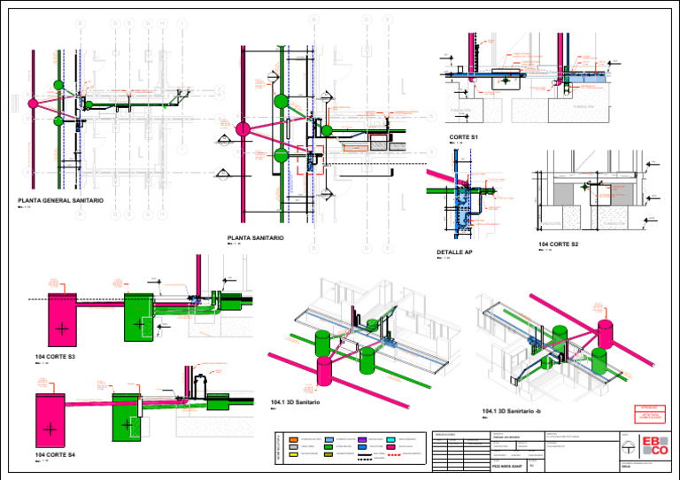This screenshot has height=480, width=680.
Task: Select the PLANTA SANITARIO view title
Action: click(255, 238)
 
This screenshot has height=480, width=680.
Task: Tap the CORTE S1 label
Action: click(463, 136)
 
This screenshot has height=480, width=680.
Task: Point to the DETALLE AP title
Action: click(454, 252)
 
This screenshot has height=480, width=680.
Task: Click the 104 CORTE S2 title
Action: click(558, 244)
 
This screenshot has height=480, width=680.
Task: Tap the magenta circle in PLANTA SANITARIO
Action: click(243, 129)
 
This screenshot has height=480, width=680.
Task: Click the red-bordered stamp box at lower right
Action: click(652, 412)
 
